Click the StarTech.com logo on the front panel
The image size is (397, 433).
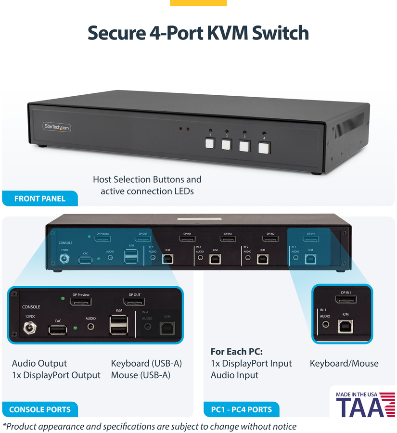pyautogui.click(x=57, y=127)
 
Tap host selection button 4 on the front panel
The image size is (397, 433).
pyautogui.click(x=263, y=147)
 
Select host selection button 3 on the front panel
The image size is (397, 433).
pyautogui.click(x=244, y=146)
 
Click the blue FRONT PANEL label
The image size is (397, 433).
pyautogui.click(x=40, y=198)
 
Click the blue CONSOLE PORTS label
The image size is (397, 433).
pyautogui.click(x=40, y=409)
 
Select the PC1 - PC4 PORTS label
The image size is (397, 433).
pyautogui.click(x=241, y=409)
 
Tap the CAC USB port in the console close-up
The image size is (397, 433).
pyautogui.click(x=58, y=330)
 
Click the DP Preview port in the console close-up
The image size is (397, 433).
pyautogui.click(x=81, y=302)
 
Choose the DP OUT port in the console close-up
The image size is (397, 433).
pyautogui.click(x=134, y=302)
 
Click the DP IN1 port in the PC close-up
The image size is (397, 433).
pyautogui.click(x=346, y=301)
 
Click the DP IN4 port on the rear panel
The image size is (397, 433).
pyautogui.click(x=187, y=239)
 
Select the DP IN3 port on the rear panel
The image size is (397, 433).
pyautogui.click(x=228, y=239)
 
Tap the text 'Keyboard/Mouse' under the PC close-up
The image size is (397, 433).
pyautogui.click(x=344, y=363)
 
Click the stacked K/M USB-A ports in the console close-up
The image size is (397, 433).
pyautogui.click(x=119, y=324)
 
